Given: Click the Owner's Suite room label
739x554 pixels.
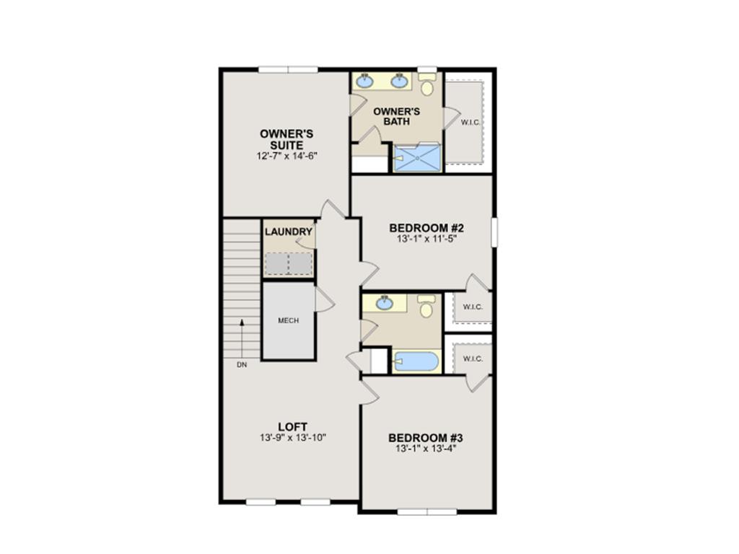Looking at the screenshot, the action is coord(287,139).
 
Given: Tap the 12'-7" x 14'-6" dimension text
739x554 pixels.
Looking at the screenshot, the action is coord(287,156).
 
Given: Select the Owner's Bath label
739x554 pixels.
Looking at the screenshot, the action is coord(396,116).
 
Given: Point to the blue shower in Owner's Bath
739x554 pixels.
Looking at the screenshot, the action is coord(418,157).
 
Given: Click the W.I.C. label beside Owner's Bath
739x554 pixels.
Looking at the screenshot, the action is coord(471,123).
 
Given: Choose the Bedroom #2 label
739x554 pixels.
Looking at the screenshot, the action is coord(427,228).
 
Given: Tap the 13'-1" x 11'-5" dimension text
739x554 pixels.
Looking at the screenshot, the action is coord(427,239).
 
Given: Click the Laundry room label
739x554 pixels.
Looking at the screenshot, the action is coord(289,232).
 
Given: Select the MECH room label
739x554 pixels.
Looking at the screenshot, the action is coord(289,320).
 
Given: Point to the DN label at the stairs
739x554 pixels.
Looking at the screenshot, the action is coord(242,364).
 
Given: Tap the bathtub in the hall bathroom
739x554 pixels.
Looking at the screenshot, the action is coord(416,362).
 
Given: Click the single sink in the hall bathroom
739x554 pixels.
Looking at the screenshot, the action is coord(385,302).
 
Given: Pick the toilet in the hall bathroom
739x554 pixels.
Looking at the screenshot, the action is coord(427,306).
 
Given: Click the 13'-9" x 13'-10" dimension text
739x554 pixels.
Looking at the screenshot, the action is coord(293,438).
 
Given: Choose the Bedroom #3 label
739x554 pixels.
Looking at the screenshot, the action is coord(426,438).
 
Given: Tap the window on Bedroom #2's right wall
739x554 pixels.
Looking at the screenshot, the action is coord(494,232).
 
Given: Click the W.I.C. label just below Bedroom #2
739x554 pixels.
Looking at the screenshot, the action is coord(473,307).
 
